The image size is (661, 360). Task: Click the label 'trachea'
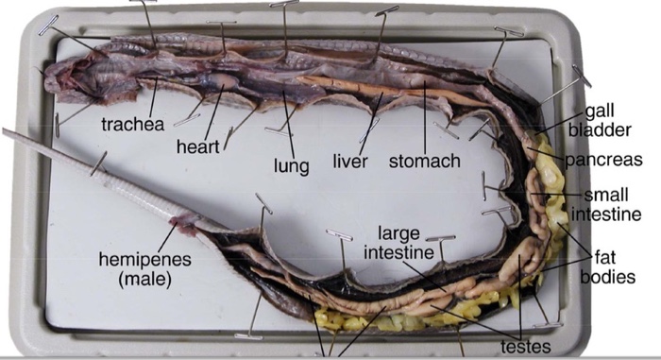coord(132,124)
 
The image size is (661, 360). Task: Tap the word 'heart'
coord(197,147)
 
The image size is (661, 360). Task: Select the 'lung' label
coord(292,165)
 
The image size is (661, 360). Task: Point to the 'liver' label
coord(349,162)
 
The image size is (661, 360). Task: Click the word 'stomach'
coord(425,162)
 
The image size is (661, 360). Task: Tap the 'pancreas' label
coord(603,160)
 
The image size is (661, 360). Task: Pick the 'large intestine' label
coord(400,242)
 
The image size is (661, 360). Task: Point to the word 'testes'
coord(519,346)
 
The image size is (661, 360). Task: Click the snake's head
coord(80,80)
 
